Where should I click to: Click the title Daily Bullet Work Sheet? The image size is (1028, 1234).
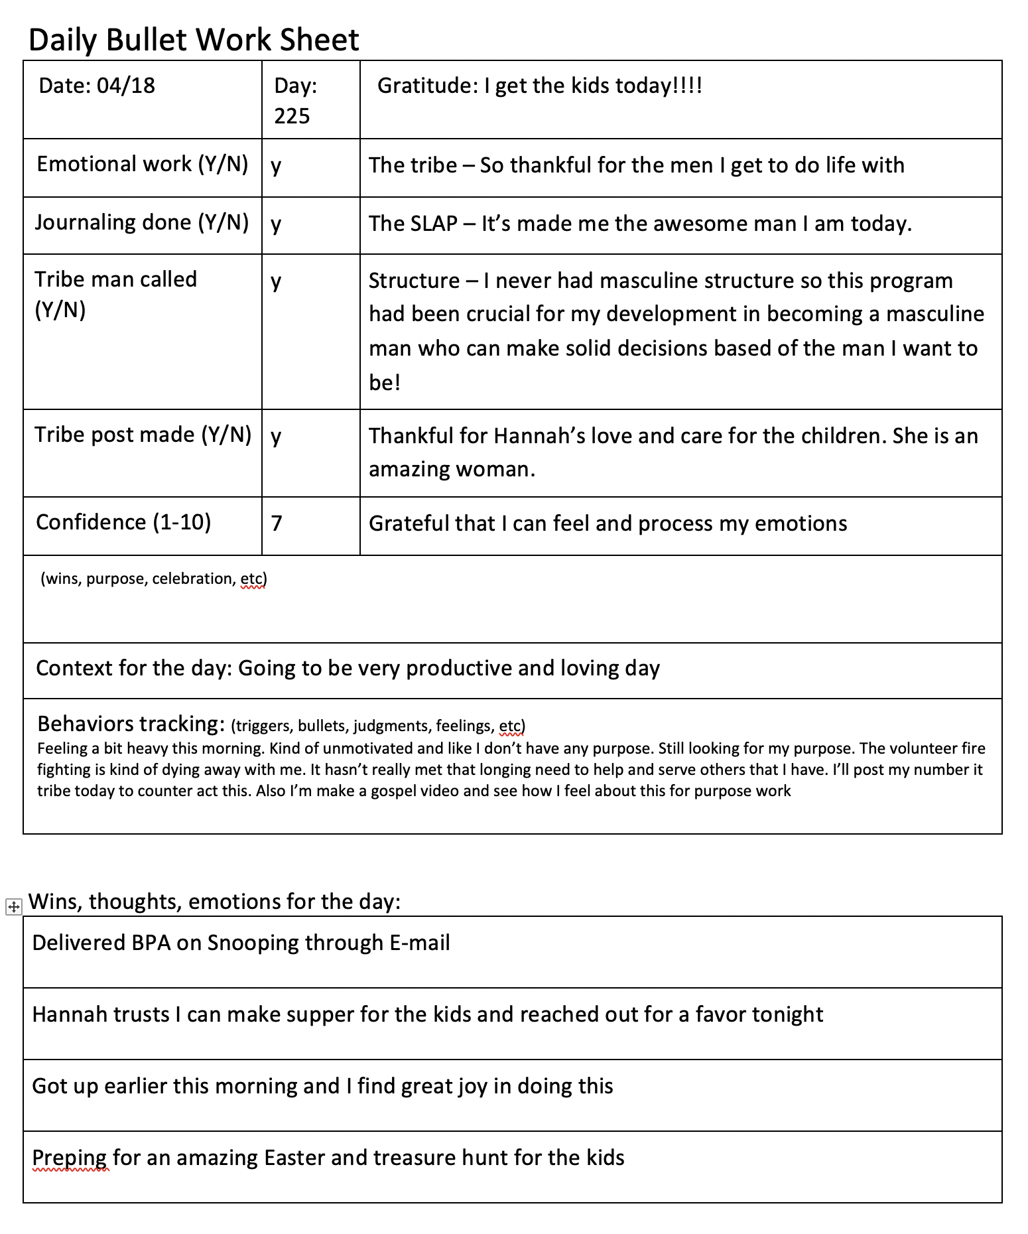point(194,40)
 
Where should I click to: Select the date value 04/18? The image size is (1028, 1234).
point(126,85)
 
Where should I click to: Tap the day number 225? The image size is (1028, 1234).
point(292,116)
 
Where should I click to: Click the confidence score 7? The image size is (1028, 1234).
point(277,523)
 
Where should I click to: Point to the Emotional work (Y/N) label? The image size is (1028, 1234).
point(143,164)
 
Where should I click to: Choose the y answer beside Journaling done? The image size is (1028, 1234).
point(276,224)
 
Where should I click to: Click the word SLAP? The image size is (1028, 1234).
point(434,224)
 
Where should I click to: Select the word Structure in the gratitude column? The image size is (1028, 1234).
point(414,281)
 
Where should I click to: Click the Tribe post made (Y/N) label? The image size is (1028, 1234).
point(143,435)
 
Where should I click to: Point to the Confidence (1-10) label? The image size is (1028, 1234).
point(123,522)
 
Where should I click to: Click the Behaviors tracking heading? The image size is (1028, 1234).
point(131,723)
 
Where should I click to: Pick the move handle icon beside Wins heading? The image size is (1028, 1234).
point(13,906)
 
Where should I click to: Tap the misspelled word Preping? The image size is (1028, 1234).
point(69,1158)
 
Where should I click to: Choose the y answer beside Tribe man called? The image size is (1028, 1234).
point(276,282)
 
